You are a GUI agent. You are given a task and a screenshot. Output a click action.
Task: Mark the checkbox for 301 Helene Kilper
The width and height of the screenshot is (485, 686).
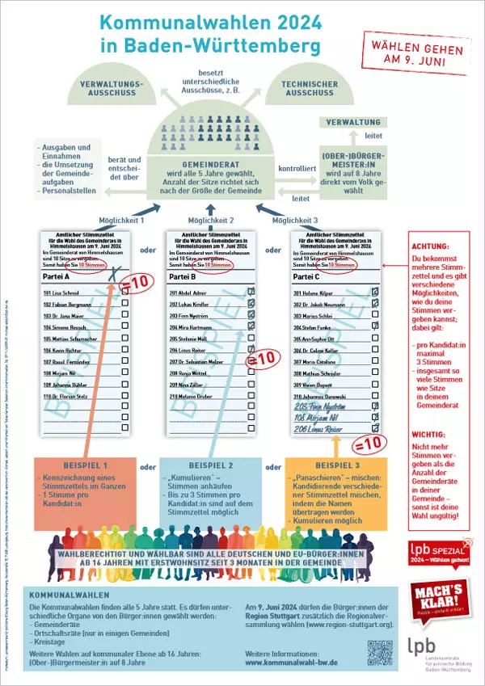coord(373,292)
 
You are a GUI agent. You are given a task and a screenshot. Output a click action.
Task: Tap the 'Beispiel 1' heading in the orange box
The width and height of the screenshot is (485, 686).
coord(82,466)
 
